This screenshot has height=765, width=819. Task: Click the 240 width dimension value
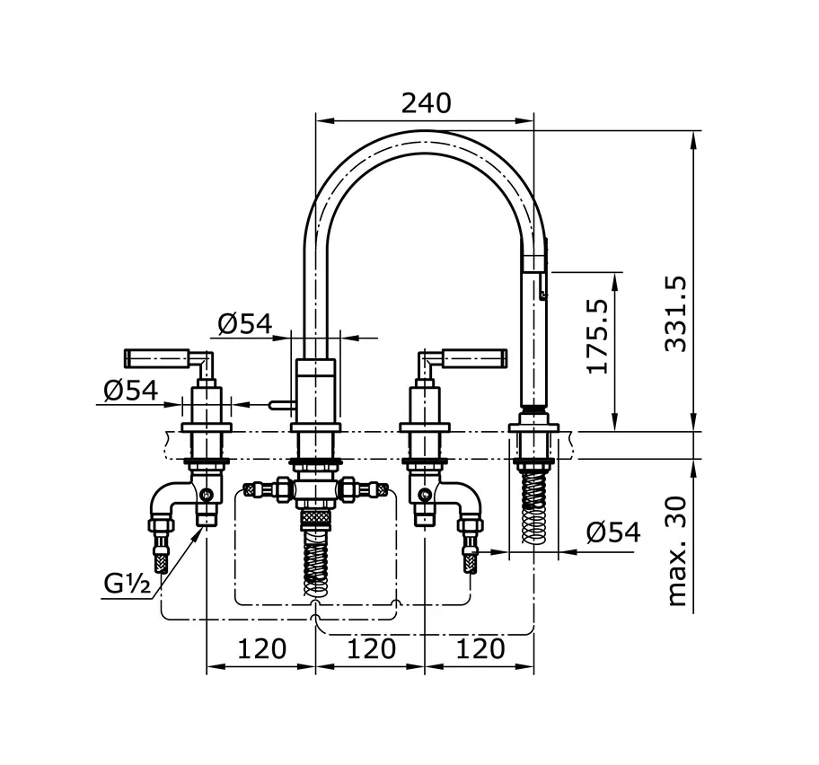point(426,103)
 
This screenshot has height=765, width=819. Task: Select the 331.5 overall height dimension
point(674,314)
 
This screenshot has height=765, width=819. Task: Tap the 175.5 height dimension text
point(597,337)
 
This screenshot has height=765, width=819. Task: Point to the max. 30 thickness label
point(676,551)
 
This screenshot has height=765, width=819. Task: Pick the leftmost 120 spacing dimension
point(261,648)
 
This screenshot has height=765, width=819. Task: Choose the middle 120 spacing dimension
point(372,648)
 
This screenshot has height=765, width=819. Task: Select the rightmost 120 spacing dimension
point(480,648)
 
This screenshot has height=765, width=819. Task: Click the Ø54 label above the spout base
point(245,324)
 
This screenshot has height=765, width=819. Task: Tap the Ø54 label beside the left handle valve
point(130,390)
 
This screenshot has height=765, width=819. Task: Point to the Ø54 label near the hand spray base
point(613,532)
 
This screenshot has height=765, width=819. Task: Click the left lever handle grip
point(156,357)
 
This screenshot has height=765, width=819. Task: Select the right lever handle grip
point(475,357)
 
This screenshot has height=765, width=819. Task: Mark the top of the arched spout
point(425,131)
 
